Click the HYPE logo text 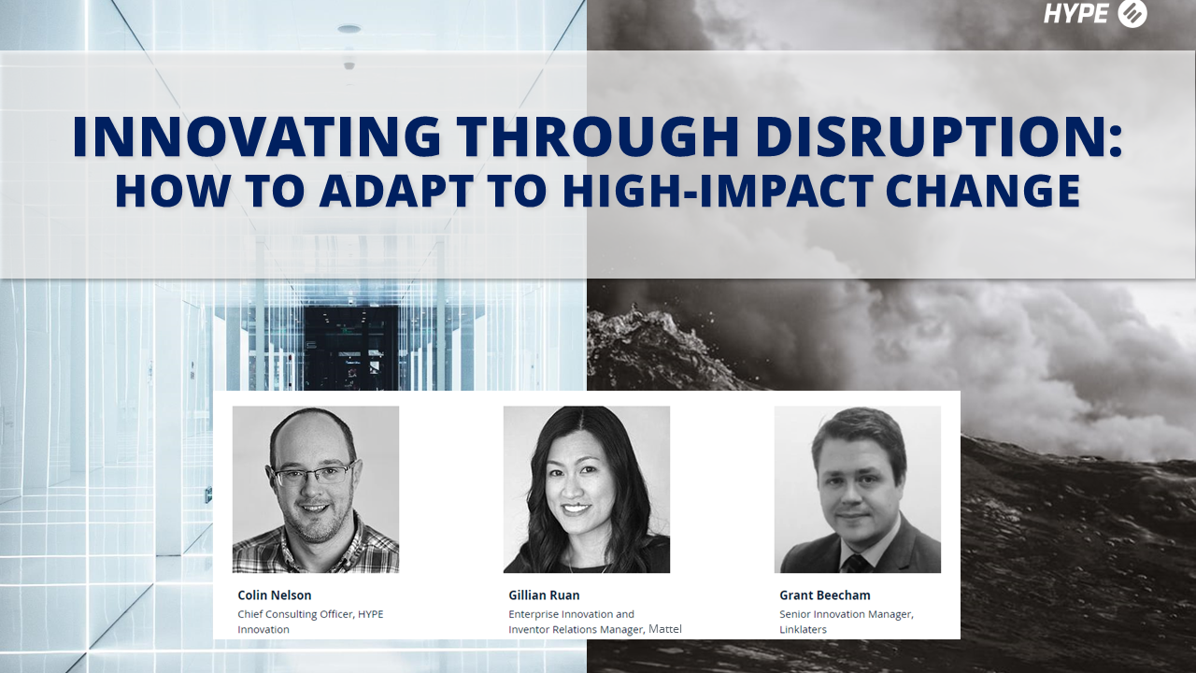[x=1075, y=14]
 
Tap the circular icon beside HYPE [x=1132, y=14]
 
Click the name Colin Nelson [x=275, y=595]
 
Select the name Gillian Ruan [x=545, y=595]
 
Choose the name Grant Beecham [x=825, y=595]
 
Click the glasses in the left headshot [x=313, y=476]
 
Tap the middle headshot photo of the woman [x=586, y=488]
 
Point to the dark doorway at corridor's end [x=349, y=347]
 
